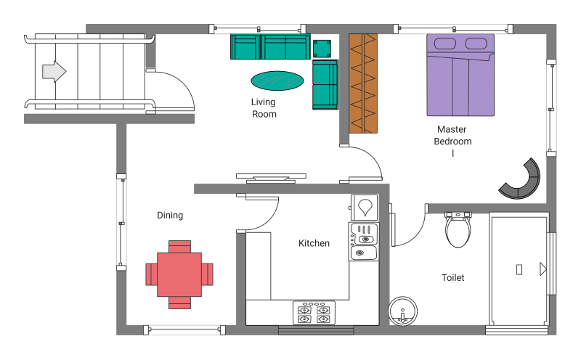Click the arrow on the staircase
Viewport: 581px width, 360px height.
(x=54, y=71)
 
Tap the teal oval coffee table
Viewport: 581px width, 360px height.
(x=277, y=81)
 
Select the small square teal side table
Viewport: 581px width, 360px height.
(x=322, y=49)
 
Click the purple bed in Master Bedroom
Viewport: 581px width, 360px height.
(x=460, y=75)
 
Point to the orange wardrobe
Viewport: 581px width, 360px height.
(x=363, y=83)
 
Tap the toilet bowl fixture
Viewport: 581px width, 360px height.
(x=458, y=229)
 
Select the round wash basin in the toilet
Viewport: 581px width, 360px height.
(x=403, y=311)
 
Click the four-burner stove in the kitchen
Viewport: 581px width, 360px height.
(x=314, y=313)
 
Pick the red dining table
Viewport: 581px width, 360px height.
(x=179, y=274)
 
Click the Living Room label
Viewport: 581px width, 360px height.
(x=264, y=107)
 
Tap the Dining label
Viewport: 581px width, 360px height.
(x=170, y=215)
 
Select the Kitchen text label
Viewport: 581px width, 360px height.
(x=314, y=243)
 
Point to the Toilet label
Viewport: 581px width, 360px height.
(x=452, y=277)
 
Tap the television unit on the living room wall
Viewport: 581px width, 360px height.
(x=271, y=178)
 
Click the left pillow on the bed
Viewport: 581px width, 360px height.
(x=445, y=44)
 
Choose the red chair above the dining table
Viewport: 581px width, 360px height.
(x=179, y=247)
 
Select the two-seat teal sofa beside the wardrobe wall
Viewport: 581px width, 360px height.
(x=325, y=85)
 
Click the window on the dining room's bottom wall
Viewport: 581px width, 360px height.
(x=184, y=330)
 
